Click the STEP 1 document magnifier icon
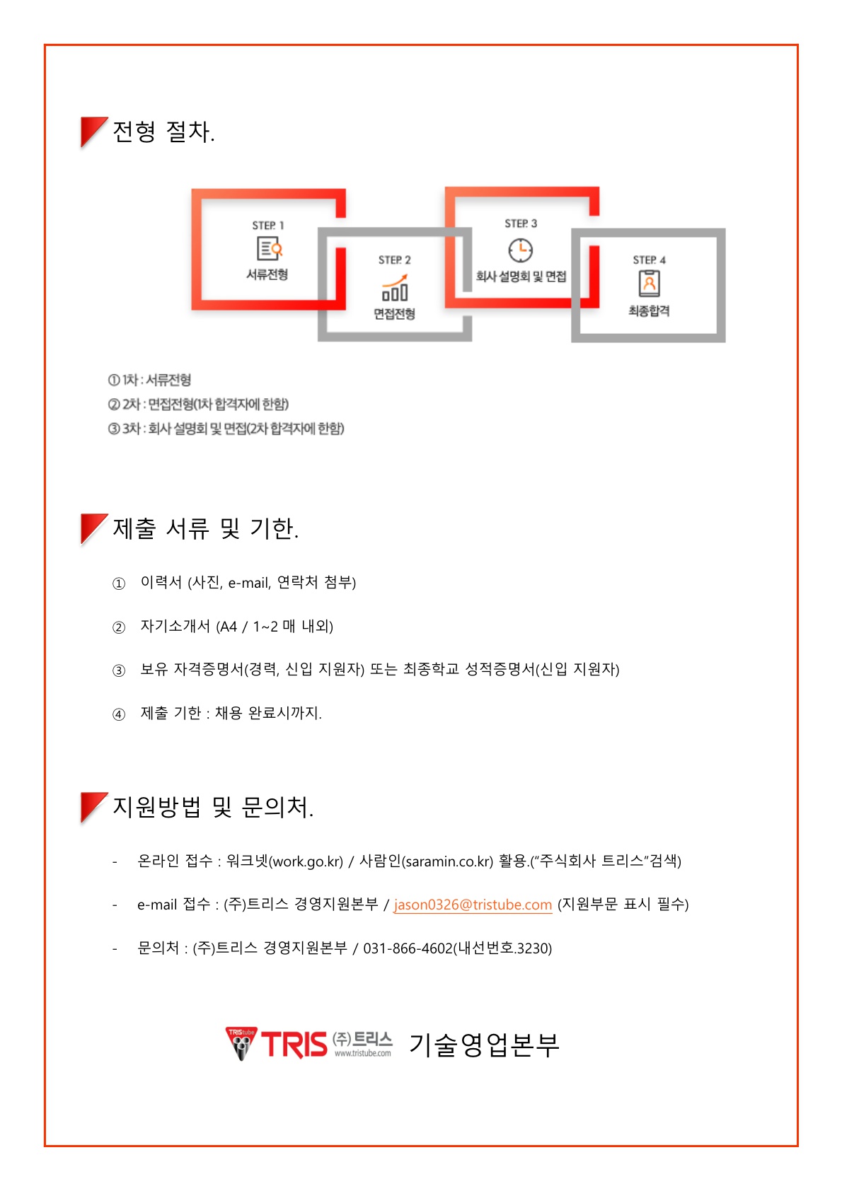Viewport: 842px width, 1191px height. point(269,248)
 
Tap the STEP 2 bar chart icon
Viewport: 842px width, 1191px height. point(395,288)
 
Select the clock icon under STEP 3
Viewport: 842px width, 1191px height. point(520,250)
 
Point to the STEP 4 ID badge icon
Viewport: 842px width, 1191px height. point(649,284)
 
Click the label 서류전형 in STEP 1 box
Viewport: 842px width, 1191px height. point(267,274)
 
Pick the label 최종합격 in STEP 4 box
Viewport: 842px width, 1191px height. point(649,311)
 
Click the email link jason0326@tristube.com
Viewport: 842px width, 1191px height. point(473,905)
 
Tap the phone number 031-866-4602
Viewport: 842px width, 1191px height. point(408,948)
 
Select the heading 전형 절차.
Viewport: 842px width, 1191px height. point(164,132)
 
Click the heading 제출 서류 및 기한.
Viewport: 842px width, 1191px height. point(206,528)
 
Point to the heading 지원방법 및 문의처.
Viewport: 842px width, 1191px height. point(213,807)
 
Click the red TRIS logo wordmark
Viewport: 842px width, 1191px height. point(294,1045)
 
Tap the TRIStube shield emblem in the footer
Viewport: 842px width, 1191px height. point(241,1043)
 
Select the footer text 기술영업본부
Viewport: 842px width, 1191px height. point(484,1045)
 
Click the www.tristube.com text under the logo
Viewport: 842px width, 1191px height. point(363,1053)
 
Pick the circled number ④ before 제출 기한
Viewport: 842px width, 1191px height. point(119,714)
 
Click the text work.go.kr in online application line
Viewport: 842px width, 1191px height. point(306,862)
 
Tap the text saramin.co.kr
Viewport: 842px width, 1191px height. point(447,862)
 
